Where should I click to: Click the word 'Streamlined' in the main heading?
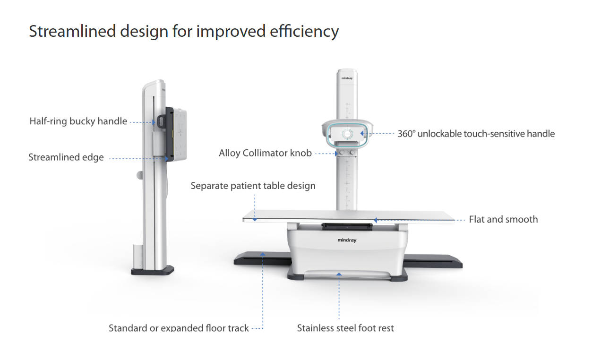click(72, 31)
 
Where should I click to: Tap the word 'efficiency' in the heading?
click(304, 32)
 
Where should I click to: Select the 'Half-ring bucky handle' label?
click(78, 121)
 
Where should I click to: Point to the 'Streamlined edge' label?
click(66, 157)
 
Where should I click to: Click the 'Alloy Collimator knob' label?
click(266, 153)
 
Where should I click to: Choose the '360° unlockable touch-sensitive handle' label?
click(476, 134)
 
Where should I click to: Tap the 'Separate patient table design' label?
click(253, 186)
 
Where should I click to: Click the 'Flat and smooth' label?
click(503, 219)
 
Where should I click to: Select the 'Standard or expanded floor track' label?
click(179, 328)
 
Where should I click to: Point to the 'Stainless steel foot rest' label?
click(345, 328)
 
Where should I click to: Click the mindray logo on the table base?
click(347, 240)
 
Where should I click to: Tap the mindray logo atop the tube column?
click(347, 78)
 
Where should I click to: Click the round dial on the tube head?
click(347, 134)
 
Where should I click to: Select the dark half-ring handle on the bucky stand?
click(161, 122)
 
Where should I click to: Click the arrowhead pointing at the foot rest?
click(339, 274)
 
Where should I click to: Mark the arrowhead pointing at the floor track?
click(263, 254)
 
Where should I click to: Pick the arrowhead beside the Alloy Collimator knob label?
click(336, 154)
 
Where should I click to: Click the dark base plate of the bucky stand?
click(153, 270)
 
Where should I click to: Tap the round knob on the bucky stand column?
click(139, 175)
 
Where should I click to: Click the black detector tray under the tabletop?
click(347, 227)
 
